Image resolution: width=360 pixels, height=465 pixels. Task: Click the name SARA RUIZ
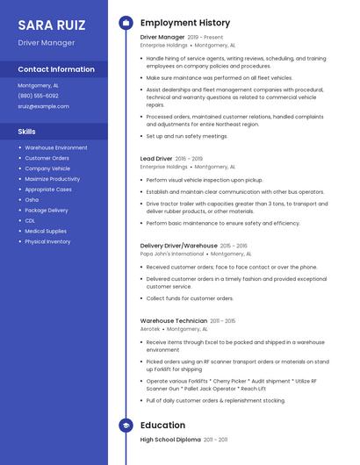pyautogui.click(x=52, y=24)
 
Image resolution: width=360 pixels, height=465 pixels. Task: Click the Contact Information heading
pyautogui.click(x=56, y=69)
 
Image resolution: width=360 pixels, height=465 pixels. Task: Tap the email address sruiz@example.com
pyautogui.click(x=43, y=106)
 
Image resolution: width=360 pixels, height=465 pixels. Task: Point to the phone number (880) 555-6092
pyautogui.click(x=39, y=96)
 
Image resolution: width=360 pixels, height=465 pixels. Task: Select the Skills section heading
pyautogui.click(x=27, y=132)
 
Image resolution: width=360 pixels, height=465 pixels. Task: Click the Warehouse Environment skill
pyautogui.click(x=56, y=147)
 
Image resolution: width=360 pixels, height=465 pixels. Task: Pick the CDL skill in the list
pyautogui.click(x=30, y=220)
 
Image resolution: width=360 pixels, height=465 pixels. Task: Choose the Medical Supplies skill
pyautogui.click(x=46, y=231)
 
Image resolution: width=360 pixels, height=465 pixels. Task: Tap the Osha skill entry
pyautogui.click(x=32, y=199)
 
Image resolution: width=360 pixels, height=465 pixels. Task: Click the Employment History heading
pyautogui.click(x=185, y=23)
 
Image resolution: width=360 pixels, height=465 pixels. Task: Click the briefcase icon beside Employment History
pyautogui.click(x=126, y=23)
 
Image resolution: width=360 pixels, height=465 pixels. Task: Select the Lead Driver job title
pyautogui.click(x=156, y=159)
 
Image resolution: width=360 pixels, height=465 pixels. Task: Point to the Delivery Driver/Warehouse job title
pyautogui.click(x=178, y=246)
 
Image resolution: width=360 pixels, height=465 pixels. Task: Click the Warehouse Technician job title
pyautogui.click(x=174, y=321)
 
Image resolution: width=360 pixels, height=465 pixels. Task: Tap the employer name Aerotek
pyautogui.click(x=150, y=329)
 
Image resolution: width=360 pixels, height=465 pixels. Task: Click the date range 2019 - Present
pyautogui.click(x=206, y=38)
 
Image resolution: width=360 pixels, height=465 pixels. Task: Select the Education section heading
pyautogui.click(x=162, y=426)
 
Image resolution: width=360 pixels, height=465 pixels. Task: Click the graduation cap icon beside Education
pyautogui.click(x=126, y=426)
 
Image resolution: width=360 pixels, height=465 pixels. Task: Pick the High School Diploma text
pyautogui.click(x=170, y=439)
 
